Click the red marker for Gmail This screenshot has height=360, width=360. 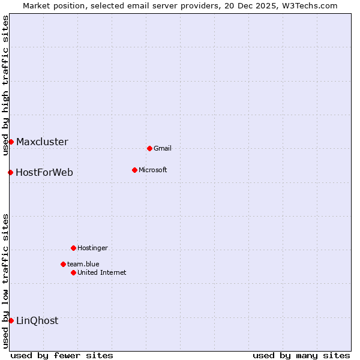coord(149,148)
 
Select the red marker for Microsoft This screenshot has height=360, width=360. coord(134,170)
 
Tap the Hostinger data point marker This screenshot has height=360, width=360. coord(73,248)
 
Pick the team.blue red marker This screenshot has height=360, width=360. coord(63,264)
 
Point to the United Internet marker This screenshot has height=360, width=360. coord(73,272)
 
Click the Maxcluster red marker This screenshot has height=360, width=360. coord(11,142)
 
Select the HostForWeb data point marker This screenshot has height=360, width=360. coord(10,172)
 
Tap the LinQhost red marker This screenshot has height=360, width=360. coord(11,320)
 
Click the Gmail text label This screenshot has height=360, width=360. coord(163,148)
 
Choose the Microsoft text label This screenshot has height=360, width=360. coord(153,170)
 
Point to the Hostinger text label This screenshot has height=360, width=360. coord(92,248)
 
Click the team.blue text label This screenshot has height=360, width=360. coord(83,264)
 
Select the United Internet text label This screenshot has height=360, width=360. coord(102,272)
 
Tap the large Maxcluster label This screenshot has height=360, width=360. coord(42,142)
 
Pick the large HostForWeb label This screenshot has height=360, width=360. coord(44,173)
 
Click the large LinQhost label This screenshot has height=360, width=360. coord(37,321)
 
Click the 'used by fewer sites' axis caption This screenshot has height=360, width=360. coord(62,355)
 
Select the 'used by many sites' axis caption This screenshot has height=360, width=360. coord(301,355)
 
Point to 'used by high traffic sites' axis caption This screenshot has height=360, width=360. coord(5,85)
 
